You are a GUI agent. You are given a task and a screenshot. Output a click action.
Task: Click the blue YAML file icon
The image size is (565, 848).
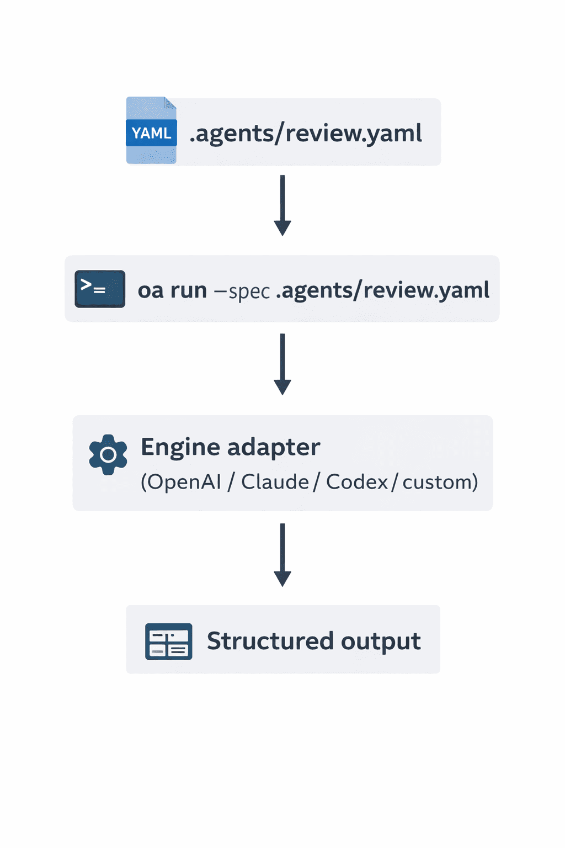click(x=151, y=131)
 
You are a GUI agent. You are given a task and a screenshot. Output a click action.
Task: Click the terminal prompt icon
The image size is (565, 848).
click(x=100, y=289)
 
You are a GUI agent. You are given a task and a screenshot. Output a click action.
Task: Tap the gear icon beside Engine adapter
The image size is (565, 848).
click(x=108, y=454)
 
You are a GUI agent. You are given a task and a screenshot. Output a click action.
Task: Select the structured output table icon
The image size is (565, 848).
click(x=168, y=642)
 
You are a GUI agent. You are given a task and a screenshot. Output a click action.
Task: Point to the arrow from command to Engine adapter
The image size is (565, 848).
click(x=282, y=364)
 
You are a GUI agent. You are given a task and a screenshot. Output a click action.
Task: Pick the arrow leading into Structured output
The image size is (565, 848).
click(x=282, y=554)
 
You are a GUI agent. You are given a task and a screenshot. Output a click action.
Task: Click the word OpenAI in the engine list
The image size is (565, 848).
click(x=184, y=482)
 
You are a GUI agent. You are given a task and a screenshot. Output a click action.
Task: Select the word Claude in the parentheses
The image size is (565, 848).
click(x=275, y=482)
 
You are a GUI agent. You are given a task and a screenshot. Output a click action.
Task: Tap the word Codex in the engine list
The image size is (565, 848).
click(x=357, y=482)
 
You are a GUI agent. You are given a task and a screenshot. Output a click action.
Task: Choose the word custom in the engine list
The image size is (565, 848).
click(x=437, y=483)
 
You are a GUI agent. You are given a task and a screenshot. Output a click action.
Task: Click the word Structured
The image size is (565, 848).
click(x=270, y=641)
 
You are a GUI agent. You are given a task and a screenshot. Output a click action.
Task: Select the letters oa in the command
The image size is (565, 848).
click(x=151, y=290)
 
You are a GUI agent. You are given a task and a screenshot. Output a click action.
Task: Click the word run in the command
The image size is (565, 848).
click(x=189, y=290)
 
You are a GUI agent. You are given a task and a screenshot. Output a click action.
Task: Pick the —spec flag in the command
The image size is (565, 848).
click(x=242, y=291)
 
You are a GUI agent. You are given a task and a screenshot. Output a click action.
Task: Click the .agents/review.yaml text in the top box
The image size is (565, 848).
click(x=306, y=134)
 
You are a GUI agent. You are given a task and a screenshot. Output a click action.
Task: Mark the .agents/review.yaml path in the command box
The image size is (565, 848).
click(x=382, y=290)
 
